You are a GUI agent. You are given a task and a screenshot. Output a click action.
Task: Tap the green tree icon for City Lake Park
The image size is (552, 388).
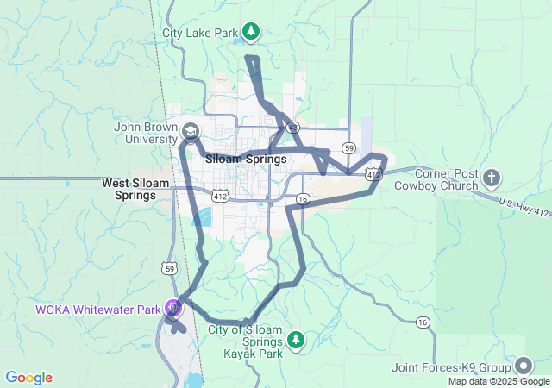251,33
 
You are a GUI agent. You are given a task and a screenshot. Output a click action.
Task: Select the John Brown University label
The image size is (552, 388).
145,132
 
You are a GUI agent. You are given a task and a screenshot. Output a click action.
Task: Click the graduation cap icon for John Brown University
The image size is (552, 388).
190,132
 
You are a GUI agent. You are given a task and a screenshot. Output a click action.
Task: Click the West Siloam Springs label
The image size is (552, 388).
129,189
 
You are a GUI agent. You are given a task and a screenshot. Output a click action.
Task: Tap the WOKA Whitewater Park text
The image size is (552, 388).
98,310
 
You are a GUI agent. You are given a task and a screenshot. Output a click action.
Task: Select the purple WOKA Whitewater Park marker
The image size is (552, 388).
173,306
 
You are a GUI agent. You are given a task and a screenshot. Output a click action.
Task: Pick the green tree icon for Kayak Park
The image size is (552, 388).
296,340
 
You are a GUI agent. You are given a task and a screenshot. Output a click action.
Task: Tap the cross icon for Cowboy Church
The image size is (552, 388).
492,178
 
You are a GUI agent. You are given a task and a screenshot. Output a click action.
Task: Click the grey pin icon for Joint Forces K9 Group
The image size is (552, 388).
523,366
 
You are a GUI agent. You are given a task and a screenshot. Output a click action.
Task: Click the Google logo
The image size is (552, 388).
28,378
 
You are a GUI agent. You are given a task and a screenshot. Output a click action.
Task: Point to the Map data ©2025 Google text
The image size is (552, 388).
498,381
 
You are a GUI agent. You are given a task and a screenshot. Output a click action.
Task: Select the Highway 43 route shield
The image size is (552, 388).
293,128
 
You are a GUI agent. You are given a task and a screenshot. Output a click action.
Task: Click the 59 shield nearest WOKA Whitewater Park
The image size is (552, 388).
170,269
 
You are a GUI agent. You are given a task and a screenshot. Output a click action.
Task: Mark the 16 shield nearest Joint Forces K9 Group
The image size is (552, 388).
422,322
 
